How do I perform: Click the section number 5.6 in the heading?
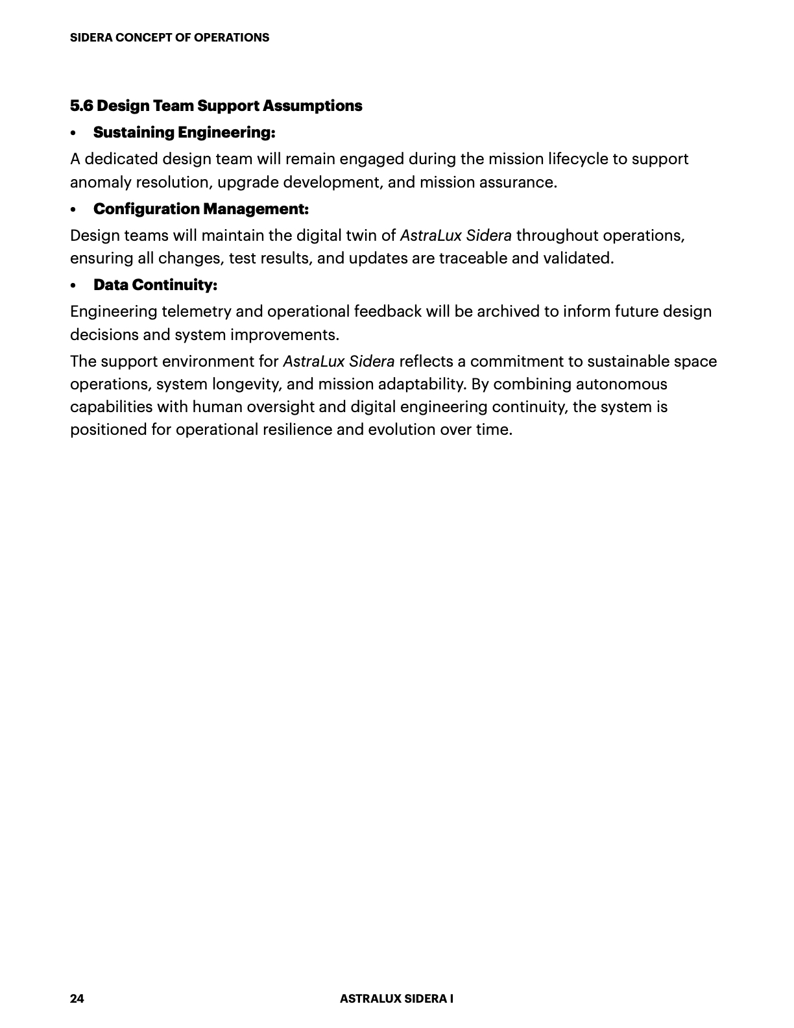click(82, 106)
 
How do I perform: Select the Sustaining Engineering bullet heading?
click(184, 132)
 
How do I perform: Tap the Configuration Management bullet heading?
click(200, 209)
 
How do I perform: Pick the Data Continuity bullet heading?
click(155, 285)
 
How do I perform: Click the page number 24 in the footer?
click(77, 999)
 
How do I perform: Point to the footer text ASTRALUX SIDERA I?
click(396, 999)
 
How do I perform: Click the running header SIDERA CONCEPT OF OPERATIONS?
click(169, 38)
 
